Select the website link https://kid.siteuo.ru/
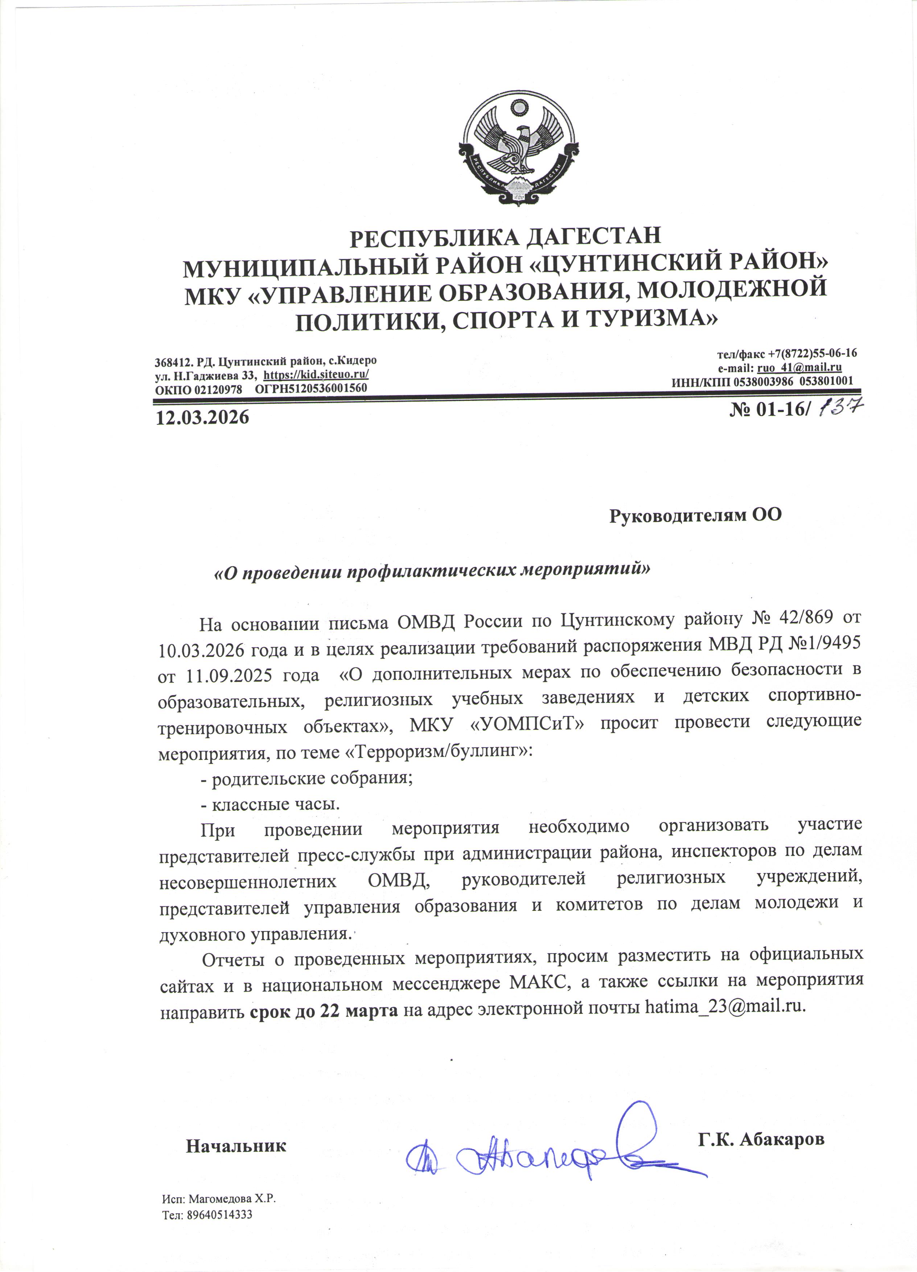316,375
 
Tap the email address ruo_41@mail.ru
799,368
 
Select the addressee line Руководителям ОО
695,515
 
